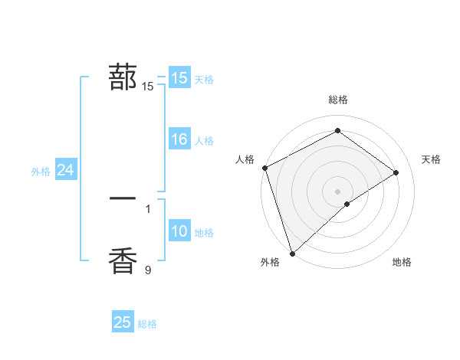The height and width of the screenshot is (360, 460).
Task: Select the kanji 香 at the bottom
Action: (x=123, y=260)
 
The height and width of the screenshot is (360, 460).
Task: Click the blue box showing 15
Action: (x=179, y=78)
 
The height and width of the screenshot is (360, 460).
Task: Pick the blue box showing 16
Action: (x=179, y=139)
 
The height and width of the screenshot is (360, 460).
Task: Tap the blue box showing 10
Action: (x=179, y=232)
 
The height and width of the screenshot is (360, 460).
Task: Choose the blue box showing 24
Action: (x=65, y=171)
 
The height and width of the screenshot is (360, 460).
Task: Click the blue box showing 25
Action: (x=123, y=322)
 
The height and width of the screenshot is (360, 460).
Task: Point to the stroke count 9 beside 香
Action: (x=148, y=270)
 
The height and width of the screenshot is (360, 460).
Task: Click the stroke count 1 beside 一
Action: (x=148, y=208)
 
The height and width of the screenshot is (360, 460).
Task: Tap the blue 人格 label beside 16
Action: (x=204, y=141)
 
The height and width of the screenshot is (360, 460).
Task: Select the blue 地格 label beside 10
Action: (x=204, y=233)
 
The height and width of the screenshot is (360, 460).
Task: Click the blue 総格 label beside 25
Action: (x=147, y=324)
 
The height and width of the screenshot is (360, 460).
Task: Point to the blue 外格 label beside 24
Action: (x=41, y=172)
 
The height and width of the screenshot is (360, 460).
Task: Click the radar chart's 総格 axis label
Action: (x=337, y=100)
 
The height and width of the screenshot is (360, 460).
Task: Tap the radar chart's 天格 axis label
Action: (x=431, y=159)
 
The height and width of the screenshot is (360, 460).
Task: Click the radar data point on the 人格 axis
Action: (x=264, y=168)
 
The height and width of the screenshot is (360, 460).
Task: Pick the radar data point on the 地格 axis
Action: (x=347, y=204)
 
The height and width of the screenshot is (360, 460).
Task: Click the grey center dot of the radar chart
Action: (x=337, y=191)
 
